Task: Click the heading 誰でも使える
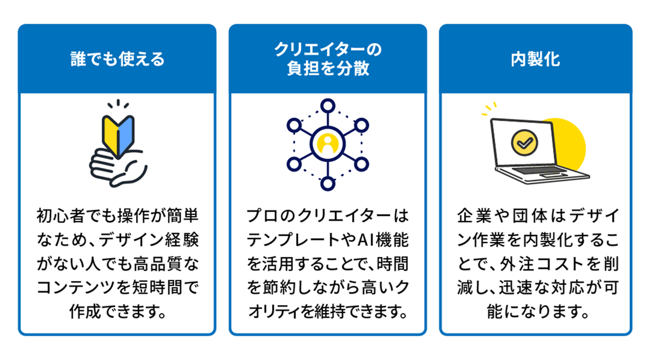point(117,60)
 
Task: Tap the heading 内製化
point(535,60)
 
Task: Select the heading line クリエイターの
point(327,49)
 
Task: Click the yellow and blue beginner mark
point(118,136)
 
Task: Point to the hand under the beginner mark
point(118,167)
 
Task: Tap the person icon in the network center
point(327,144)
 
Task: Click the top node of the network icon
point(327,106)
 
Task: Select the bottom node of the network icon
point(327,183)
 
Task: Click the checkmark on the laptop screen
point(524,143)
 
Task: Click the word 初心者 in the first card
point(61,216)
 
